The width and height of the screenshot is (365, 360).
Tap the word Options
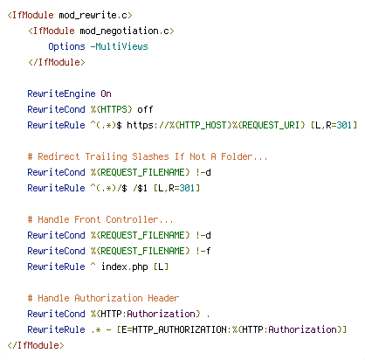pos(66,46)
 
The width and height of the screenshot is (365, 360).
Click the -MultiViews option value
pos(119,46)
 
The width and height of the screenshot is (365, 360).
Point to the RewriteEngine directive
pos(61,93)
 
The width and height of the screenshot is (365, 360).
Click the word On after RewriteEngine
pos(106,93)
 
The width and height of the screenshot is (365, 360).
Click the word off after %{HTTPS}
pos(145,109)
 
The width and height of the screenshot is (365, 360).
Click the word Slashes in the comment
pos(150,156)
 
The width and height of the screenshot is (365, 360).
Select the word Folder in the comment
pos(237,156)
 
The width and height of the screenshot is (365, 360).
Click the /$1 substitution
pos(140,188)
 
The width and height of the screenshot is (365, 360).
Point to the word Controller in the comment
pos(132,219)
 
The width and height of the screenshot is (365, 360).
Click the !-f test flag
pos(203,251)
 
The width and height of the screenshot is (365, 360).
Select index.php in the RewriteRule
pos(124,267)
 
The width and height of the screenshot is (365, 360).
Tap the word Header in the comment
pos(163,298)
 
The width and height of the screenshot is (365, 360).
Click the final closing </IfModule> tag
pos(35,345)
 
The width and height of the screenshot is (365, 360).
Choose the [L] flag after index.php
pos(161,267)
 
